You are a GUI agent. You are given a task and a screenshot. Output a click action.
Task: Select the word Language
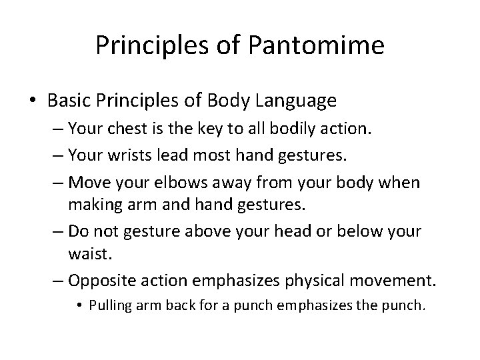pyautogui.click(x=300, y=101)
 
